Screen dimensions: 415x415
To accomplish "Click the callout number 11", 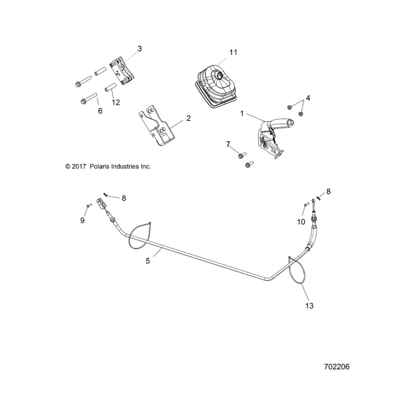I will [233, 52].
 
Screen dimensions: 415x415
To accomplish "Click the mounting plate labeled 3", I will [120, 72].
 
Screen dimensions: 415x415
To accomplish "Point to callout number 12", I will [115, 103].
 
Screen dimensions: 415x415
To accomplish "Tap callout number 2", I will [174, 118].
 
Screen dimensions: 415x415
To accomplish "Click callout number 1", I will [241, 113].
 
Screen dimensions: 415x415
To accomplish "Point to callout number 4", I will [308, 98].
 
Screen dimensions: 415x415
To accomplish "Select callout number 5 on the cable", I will [148, 261].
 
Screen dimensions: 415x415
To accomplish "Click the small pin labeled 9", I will [90, 206].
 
